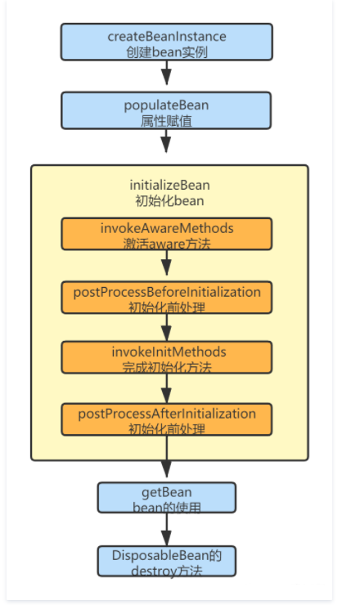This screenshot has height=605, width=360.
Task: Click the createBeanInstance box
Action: click(166, 42)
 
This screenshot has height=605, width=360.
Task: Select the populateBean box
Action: click(166, 110)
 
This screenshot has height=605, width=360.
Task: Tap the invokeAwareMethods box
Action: click(166, 234)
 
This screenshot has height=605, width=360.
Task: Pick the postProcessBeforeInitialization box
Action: click(166, 298)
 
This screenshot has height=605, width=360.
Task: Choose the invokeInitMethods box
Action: click(166, 357)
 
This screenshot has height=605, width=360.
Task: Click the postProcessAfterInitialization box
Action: click(166, 419)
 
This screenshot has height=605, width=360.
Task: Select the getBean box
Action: click(166, 498)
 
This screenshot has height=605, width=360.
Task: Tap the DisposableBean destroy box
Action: click(166, 562)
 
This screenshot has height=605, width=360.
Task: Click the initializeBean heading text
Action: click(169, 186)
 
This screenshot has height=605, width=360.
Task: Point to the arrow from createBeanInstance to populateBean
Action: click(166, 73)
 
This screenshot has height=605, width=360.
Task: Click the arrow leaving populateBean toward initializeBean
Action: click(166, 141)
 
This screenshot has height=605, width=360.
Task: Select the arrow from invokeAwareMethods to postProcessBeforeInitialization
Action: click(166, 262)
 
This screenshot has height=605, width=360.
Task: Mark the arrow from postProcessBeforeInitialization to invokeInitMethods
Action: click(166, 328)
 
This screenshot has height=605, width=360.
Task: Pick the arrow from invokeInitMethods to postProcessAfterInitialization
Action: click(166, 388)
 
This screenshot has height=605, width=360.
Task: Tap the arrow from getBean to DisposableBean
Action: click(166, 530)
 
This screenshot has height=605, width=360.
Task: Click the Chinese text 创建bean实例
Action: click(166, 52)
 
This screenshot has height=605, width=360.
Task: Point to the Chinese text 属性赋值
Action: click(166, 121)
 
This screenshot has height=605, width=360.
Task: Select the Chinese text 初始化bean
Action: click(169, 201)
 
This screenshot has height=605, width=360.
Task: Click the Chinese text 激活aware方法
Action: click(167, 244)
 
